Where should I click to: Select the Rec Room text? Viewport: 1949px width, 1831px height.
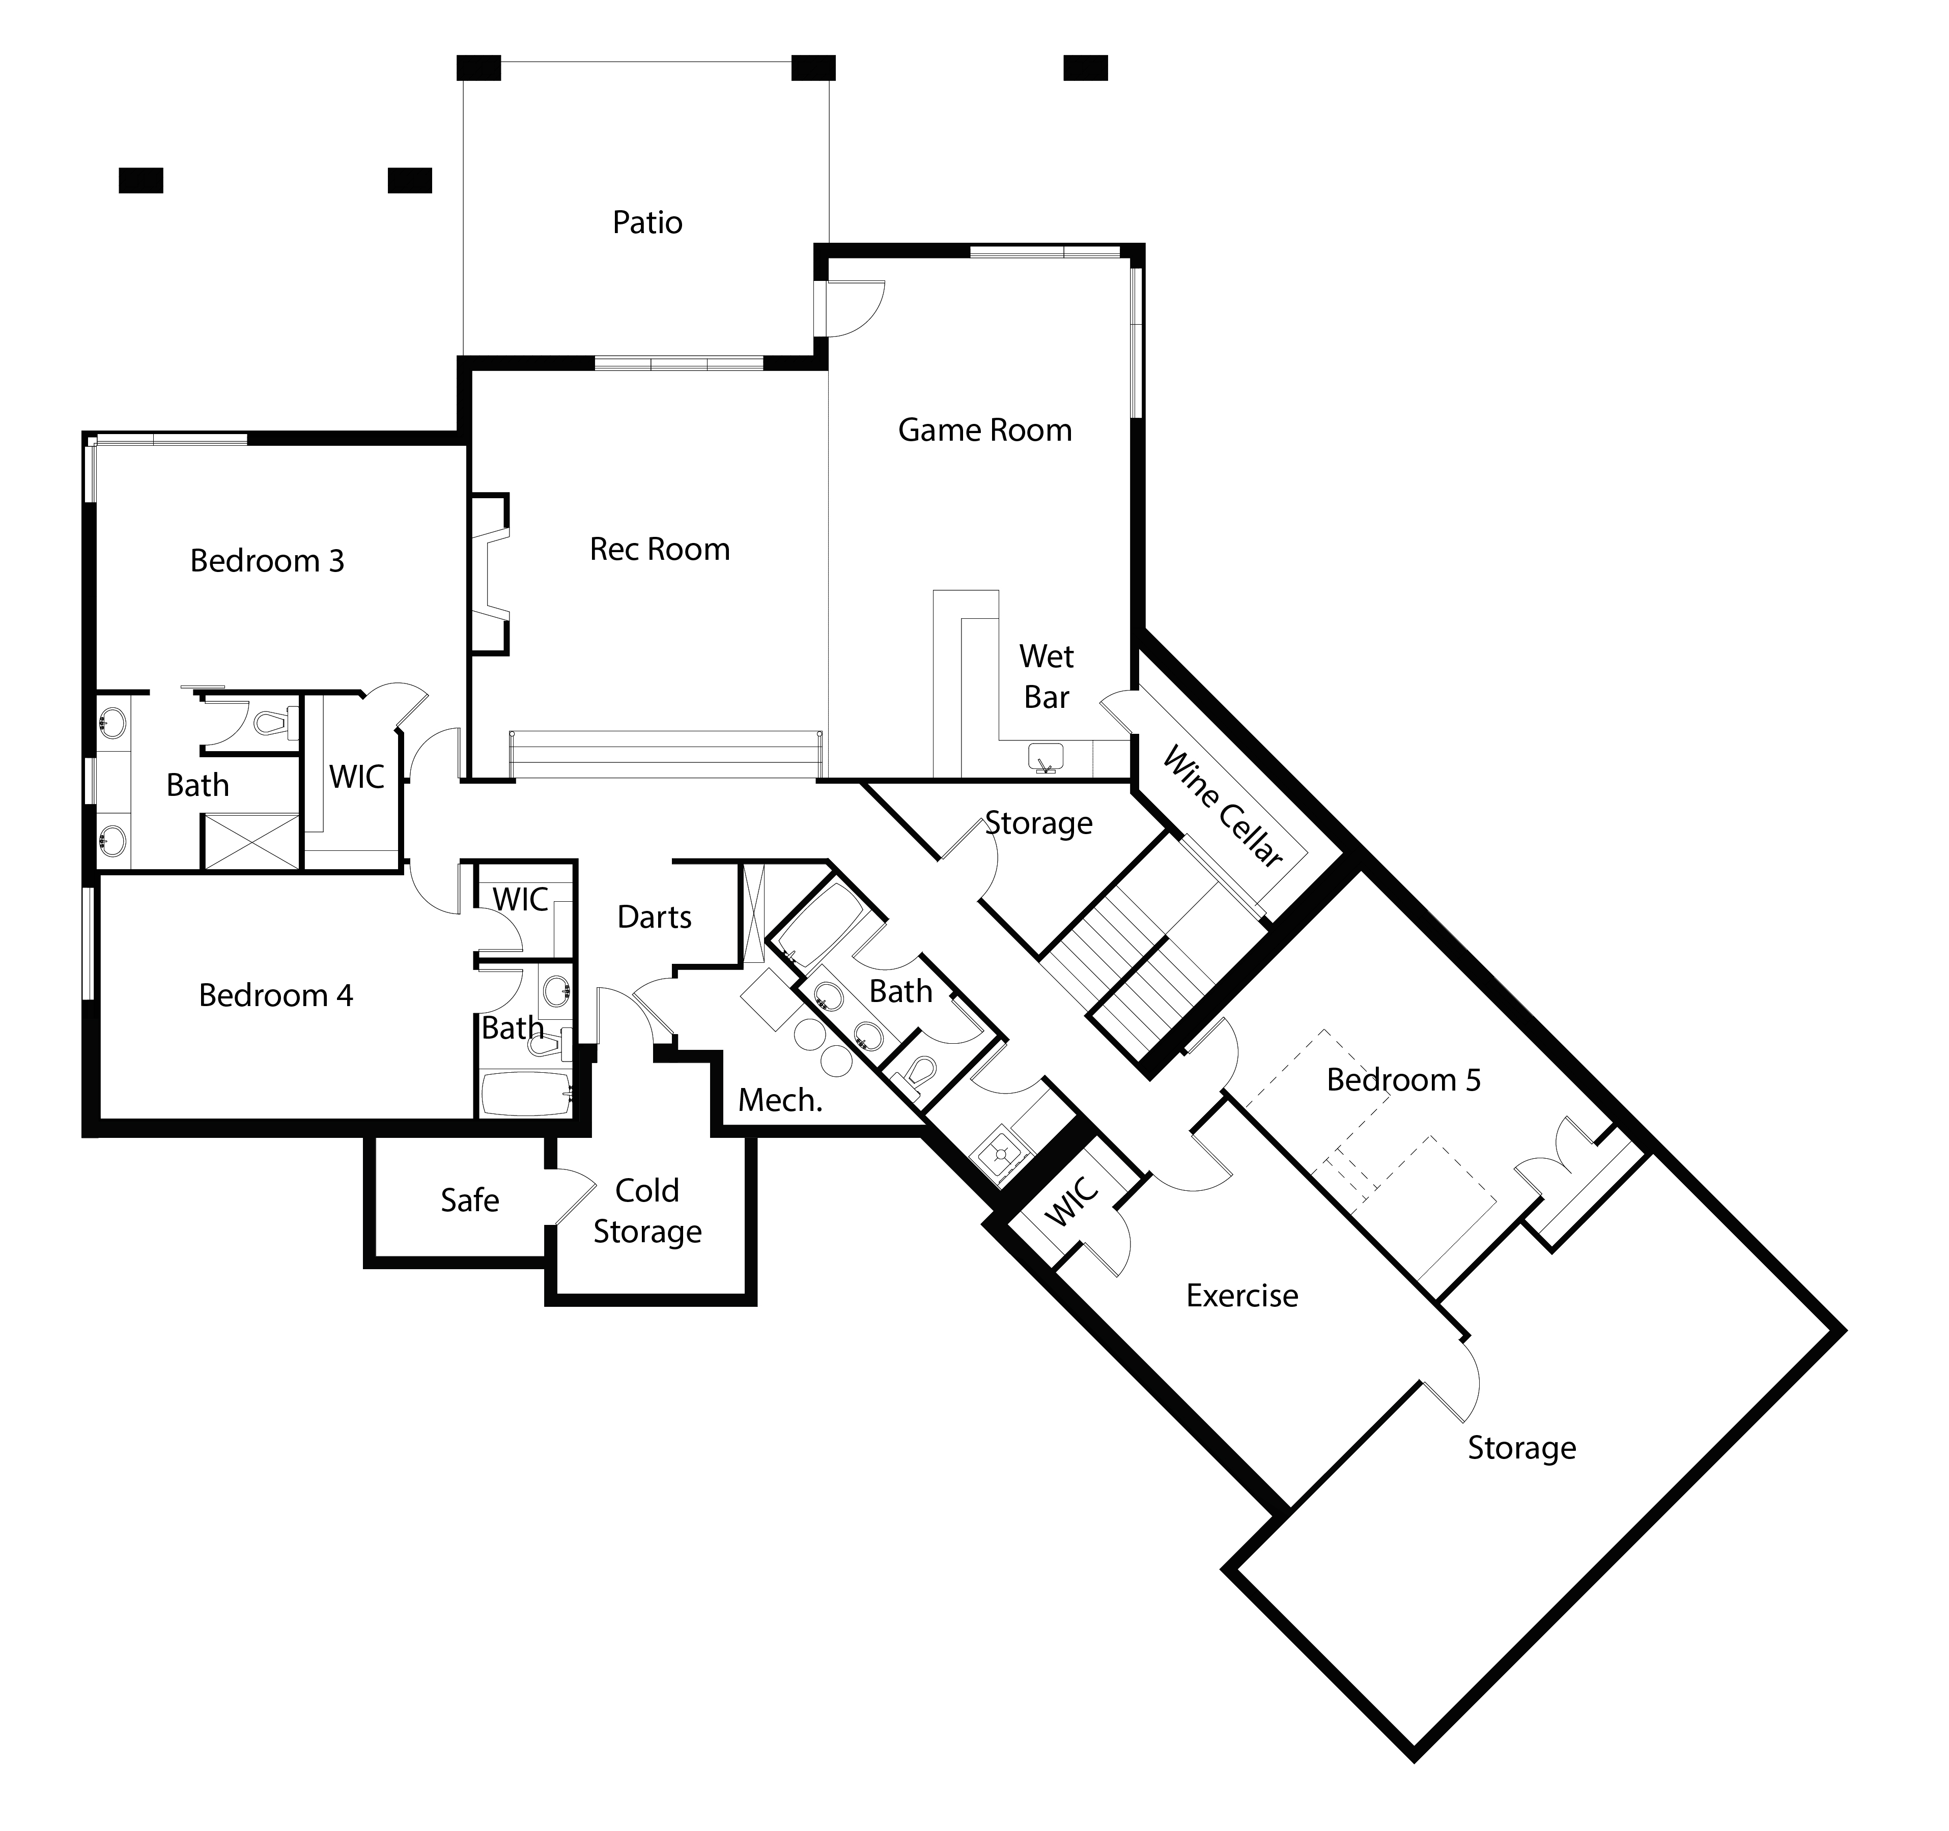coord(660,549)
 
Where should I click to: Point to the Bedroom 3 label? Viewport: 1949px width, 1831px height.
coord(267,561)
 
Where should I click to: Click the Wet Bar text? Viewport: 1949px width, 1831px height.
coord(1046,676)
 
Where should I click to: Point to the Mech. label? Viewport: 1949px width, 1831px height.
coord(779,1100)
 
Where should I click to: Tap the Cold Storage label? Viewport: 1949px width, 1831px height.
coord(647,1211)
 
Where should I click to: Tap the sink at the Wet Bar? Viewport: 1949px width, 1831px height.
coord(1045,758)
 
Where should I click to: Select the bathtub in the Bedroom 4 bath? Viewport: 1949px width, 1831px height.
coord(525,1093)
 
